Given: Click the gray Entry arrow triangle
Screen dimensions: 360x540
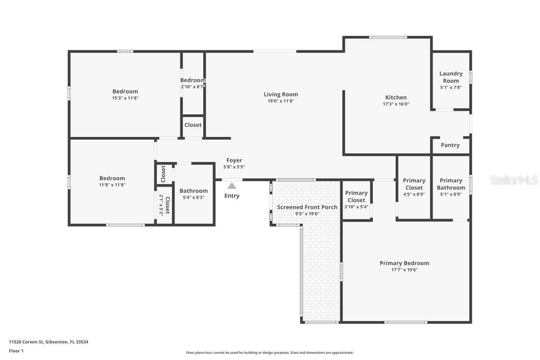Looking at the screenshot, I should [232, 186].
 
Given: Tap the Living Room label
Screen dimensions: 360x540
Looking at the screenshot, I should [281, 94].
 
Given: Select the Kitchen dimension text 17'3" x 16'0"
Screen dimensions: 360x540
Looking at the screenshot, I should [396, 104].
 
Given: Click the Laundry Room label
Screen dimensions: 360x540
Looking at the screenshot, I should [451, 77].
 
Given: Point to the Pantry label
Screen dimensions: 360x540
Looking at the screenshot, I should [450, 145].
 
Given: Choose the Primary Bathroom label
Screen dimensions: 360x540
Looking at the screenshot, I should [451, 184].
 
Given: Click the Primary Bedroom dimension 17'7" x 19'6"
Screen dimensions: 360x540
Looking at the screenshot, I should [404, 270].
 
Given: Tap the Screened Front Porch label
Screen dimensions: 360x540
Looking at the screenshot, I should [307, 207].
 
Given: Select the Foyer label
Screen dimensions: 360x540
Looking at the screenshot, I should [234, 160].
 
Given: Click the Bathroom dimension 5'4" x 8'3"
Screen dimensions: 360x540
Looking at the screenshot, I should [194, 197].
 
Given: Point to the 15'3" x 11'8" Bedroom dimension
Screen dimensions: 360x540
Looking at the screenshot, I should [125, 98].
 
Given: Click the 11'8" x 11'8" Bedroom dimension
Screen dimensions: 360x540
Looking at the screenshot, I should [112, 185].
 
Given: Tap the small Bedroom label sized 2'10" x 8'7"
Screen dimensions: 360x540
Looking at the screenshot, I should [193, 80].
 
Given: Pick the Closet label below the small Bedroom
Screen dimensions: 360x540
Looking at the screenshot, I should [193, 125].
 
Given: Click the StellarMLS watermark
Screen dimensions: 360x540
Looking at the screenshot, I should [514, 180].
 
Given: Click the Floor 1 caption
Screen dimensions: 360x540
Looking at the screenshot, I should [16, 351].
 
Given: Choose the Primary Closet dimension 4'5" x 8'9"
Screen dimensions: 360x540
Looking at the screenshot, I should [414, 194].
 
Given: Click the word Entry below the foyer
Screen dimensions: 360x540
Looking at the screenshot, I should [232, 196].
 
